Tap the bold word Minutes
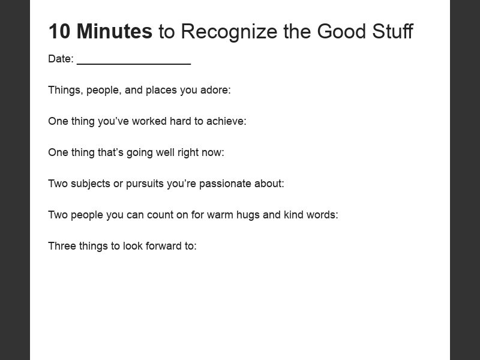tap(115, 31)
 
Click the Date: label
tap(61, 59)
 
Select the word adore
tap(216, 90)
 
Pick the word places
tap(161, 90)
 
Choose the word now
tap(213, 152)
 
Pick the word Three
tap(62, 246)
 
